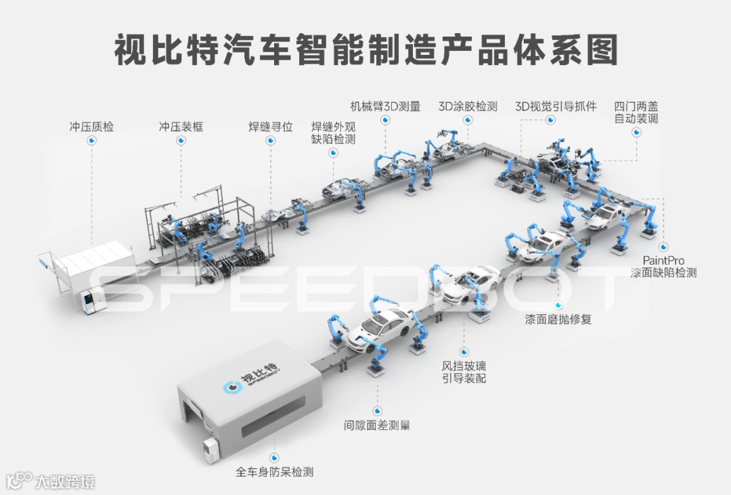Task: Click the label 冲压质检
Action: point(91,127)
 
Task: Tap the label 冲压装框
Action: point(181,127)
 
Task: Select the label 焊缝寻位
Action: point(270,127)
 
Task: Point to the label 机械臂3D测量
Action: point(385,106)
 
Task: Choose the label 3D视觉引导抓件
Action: point(556,106)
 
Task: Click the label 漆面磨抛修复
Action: point(558,319)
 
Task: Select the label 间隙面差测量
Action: point(377,426)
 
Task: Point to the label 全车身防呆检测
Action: point(274,472)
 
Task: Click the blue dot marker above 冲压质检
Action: point(91,141)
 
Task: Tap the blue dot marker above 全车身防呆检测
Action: point(274,458)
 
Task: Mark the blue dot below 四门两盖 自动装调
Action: point(636,133)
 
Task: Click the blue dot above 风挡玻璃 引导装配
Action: point(464,351)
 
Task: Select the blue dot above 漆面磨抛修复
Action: point(558,305)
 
